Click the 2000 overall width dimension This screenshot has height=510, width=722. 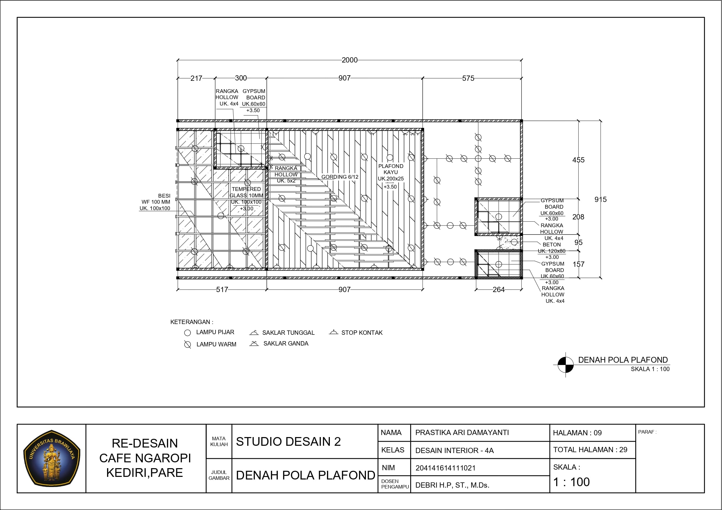[349, 60]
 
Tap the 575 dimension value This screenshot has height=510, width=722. [468, 78]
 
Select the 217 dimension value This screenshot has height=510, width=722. [196, 78]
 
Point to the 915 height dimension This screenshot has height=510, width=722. [600, 200]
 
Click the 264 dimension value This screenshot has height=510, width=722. [498, 290]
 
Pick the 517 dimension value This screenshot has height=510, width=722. [222, 290]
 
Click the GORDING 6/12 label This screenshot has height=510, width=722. [339, 177]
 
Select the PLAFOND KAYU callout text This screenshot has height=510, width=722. [391, 169]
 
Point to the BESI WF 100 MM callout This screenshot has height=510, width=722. [156, 199]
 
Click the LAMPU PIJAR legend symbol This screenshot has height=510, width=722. [187, 333]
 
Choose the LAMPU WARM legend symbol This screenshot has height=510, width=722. [187, 345]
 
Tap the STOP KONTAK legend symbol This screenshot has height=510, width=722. [333, 332]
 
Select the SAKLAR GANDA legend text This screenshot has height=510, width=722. [286, 344]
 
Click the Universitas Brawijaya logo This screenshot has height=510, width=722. [52, 459]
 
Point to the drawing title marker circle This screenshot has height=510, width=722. [565, 365]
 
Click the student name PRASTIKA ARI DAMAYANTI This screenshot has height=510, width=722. [462, 433]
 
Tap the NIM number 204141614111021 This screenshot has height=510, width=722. [445, 468]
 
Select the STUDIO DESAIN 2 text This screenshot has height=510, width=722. [288, 442]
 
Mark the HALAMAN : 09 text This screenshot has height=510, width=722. [577, 433]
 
